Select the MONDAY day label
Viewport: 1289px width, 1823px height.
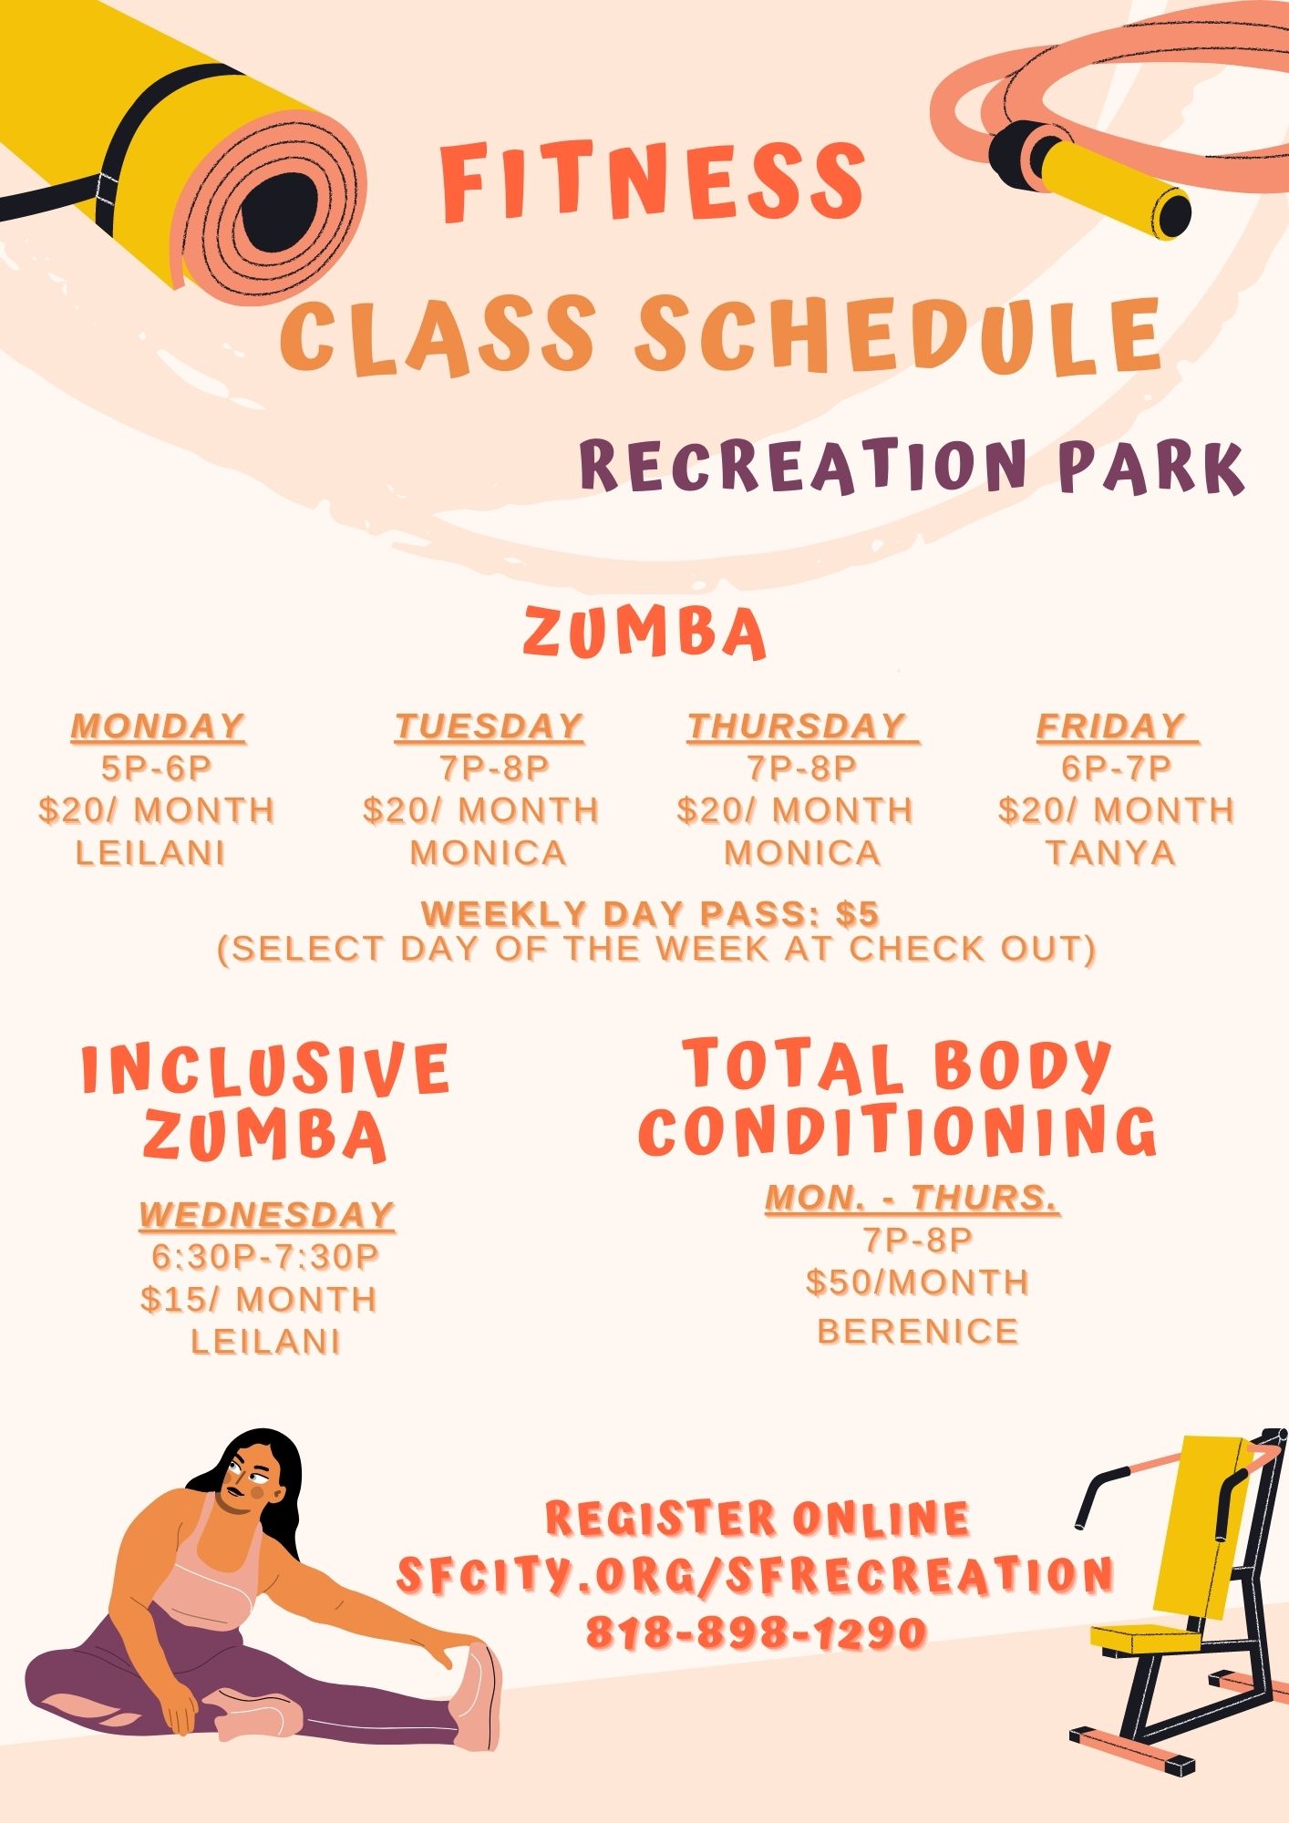tap(158, 726)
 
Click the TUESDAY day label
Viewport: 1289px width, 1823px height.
tap(490, 726)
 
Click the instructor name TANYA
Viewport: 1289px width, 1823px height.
tap(1111, 853)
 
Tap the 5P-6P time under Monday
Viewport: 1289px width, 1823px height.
tap(157, 768)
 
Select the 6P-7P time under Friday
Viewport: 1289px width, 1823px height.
tap(1117, 768)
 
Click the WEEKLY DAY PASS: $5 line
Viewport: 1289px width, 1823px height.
tap(651, 913)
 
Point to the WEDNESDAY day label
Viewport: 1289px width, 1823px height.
tap(267, 1214)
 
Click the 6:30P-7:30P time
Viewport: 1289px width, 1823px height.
tap(265, 1257)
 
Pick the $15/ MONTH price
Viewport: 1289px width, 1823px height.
tap(259, 1299)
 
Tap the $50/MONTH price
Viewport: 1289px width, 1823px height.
tap(918, 1282)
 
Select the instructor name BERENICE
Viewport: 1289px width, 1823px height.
tap(918, 1332)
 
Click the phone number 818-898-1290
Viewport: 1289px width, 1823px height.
tap(757, 1632)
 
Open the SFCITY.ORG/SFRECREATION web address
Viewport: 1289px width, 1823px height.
tap(756, 1574)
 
